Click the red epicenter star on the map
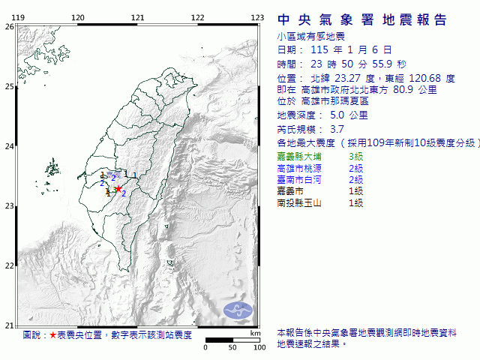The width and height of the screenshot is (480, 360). [118, 189]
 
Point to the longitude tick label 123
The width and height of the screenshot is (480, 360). [257, 17]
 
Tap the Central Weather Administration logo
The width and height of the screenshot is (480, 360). [240, 308]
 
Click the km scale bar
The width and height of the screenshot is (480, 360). [232, 340]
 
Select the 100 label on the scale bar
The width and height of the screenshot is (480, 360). [259, 347]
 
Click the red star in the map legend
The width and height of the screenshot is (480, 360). [52, 334]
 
